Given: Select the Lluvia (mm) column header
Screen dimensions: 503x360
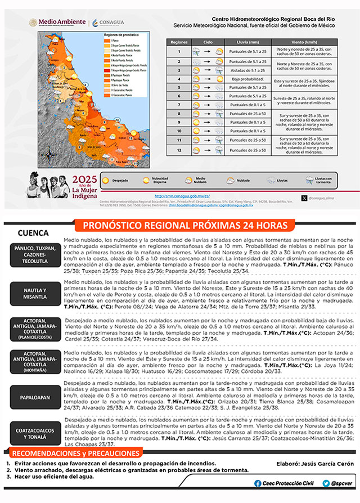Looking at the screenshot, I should (x=244, y=42).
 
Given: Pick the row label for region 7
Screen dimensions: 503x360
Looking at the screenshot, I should (x=178, y=105).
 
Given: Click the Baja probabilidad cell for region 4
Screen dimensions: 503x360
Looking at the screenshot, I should (x=244, y=79).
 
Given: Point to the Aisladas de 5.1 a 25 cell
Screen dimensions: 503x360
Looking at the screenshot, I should (x=244, y=70).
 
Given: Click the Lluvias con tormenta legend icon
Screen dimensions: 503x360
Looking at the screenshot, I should (x=310, y=180).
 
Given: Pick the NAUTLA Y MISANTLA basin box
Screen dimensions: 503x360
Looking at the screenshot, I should (x=35, y=294).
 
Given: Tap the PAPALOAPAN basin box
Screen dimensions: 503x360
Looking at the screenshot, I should (x=35, y=397).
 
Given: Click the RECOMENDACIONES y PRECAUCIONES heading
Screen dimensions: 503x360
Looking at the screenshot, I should (x=75, y=453).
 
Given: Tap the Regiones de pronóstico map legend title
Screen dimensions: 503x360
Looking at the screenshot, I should (x=122, y=35).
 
